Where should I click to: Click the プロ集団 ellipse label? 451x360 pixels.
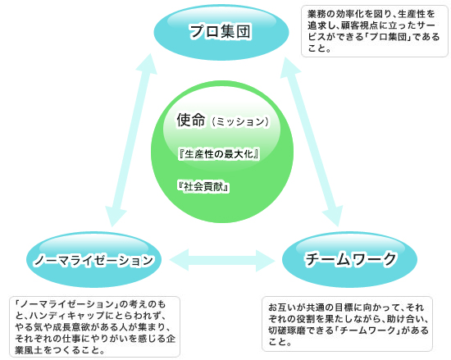point(220,31)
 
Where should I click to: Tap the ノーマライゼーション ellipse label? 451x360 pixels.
point(93,261)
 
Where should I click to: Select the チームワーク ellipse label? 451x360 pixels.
point(351,259)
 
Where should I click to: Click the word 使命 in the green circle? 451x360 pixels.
point(191,120)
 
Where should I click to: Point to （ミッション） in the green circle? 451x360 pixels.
point(240,122)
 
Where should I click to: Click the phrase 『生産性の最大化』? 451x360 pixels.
point(219,154)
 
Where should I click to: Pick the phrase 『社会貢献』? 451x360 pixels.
point(203,187)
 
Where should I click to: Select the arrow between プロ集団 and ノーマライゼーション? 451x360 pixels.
point(131,140)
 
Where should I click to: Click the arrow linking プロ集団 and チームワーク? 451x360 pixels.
point(312,142)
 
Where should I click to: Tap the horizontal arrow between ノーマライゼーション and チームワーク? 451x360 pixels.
point(222,261)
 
